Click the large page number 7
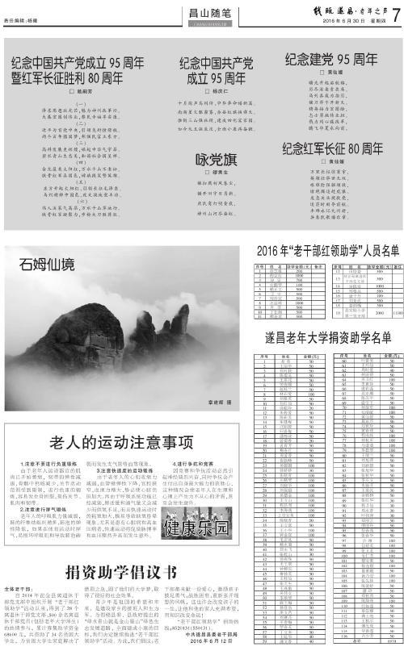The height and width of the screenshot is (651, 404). coord(395,11)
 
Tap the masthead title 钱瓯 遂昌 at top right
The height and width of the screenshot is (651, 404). coord(339,9)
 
